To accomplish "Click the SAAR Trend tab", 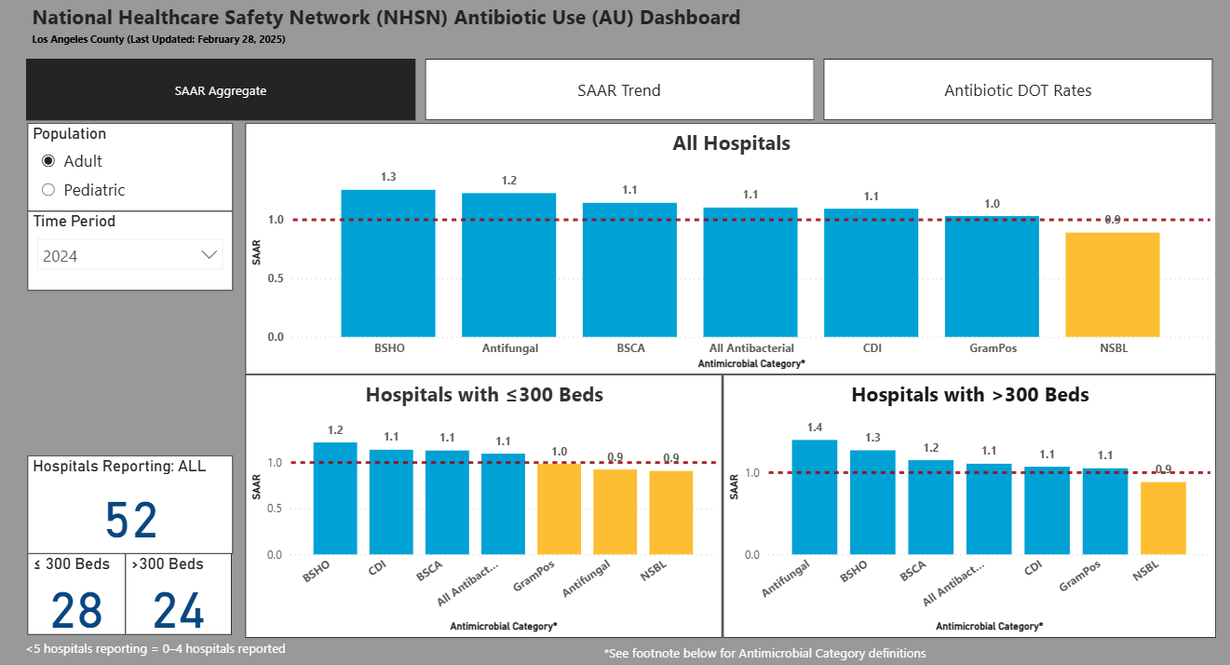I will (x=619, y=90).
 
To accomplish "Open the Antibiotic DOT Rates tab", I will (x=1018, y=90).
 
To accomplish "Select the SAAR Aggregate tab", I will (x=221, y=90).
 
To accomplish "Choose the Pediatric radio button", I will (x=49, y=190).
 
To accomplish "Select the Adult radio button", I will (x=49, y=161).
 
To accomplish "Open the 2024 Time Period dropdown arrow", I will (x=210, y=255).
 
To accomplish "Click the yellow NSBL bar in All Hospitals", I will (x=1112, y=284).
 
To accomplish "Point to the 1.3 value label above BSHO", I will (x=388, y=177).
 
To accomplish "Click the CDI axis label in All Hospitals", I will (x=871, y=348).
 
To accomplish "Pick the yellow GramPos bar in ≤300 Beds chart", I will (x=559, y=509).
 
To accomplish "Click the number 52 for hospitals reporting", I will (x=131, y=521).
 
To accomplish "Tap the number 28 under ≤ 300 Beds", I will (x=76, y=611).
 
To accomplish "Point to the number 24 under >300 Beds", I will (x=179, y=611).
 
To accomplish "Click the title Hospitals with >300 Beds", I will (x=970, y=395).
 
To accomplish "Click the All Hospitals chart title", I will (x=731, y=143).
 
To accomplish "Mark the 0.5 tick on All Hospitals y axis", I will (x=276, y=278).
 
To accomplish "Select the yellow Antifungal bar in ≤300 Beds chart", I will (x=615, y=511).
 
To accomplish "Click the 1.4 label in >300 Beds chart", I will (x=814, y=427).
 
